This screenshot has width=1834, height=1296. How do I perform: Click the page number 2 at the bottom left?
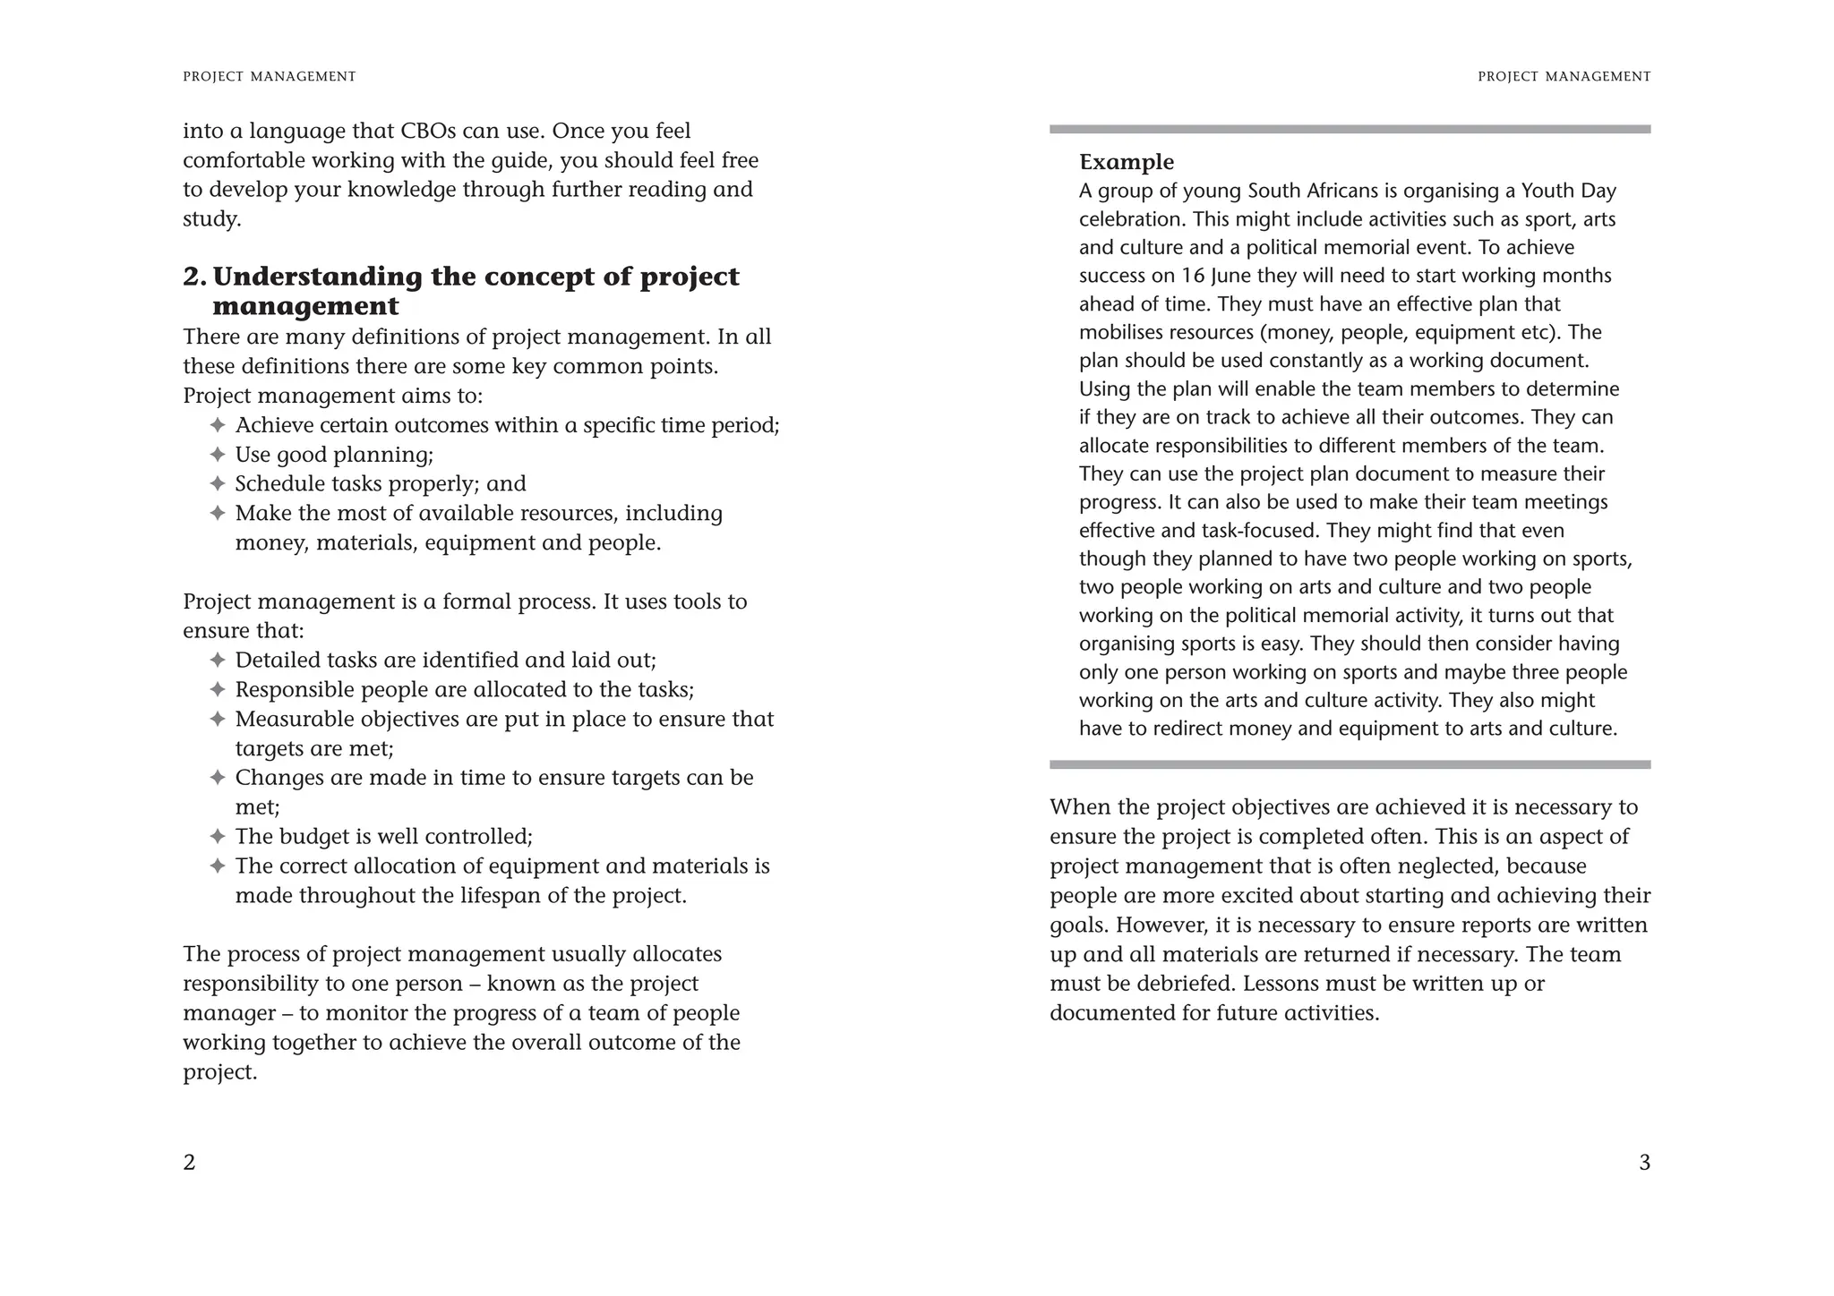(189, 1162)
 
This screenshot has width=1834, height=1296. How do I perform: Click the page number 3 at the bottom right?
(1644, 1162)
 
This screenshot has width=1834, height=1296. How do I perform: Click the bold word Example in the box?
(1126, 162)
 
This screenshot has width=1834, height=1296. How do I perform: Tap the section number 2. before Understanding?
(194, 277)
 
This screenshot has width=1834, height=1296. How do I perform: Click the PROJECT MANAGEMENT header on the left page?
(270, 77)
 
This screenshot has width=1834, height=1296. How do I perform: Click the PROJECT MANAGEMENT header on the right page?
(1564, 77)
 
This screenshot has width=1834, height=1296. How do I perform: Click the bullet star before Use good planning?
(217, 455)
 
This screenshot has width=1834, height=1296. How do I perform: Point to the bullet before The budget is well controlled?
(217, 837)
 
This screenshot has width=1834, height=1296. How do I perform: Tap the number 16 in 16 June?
(1192, 276)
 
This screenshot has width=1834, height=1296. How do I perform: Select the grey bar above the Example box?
(1350, 130)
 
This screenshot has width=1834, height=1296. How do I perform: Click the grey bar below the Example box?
(1350, 765)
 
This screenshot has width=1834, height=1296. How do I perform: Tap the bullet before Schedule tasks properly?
(217, 484)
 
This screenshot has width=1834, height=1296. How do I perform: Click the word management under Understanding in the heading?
(305, 306)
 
